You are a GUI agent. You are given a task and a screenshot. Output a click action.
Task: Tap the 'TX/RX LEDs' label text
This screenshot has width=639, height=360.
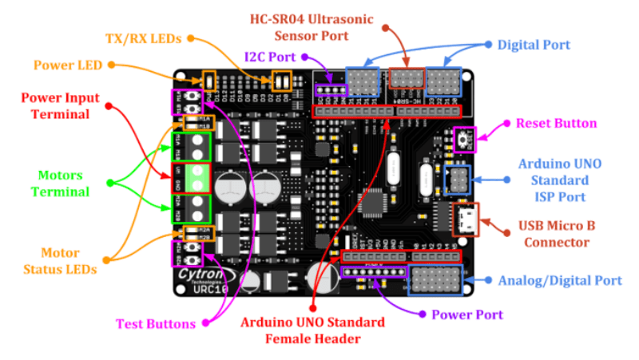coord(147,38)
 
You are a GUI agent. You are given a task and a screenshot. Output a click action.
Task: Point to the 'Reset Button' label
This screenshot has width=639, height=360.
coord(556,123)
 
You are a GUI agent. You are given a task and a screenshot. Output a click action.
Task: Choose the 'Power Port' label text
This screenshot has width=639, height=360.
coord(467,315)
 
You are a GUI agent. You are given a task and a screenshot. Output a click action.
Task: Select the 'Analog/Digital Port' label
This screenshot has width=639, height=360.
coord(559,280)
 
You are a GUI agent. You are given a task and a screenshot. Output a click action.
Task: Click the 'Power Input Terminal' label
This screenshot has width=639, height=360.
coord(60,105)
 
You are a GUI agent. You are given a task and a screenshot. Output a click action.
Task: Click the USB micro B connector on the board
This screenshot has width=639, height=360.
coord(466,220)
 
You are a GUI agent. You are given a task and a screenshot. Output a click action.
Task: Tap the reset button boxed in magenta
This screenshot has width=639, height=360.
coord(463,140)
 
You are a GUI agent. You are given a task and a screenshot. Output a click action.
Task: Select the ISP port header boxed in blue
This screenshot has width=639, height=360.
coord(458,180)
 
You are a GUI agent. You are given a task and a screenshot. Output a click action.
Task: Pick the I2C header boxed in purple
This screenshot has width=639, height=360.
coord(330,89)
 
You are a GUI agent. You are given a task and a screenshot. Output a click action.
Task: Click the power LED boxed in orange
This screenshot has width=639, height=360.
coord(210,80)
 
